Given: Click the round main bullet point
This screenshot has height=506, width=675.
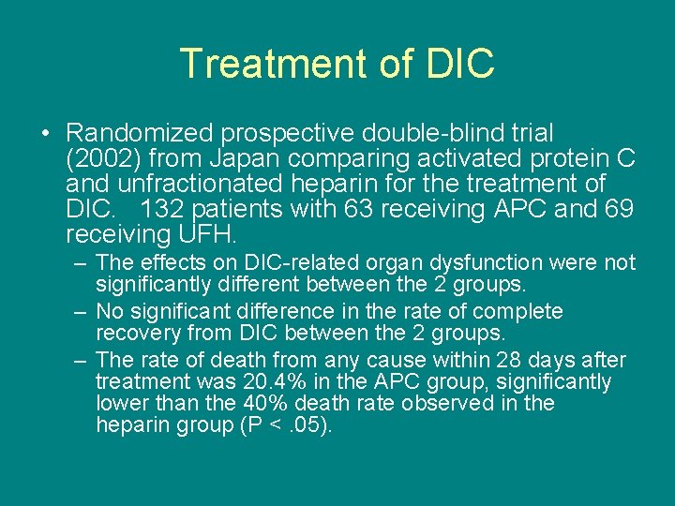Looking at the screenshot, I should pyautogui.click(x=45, y=134).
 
